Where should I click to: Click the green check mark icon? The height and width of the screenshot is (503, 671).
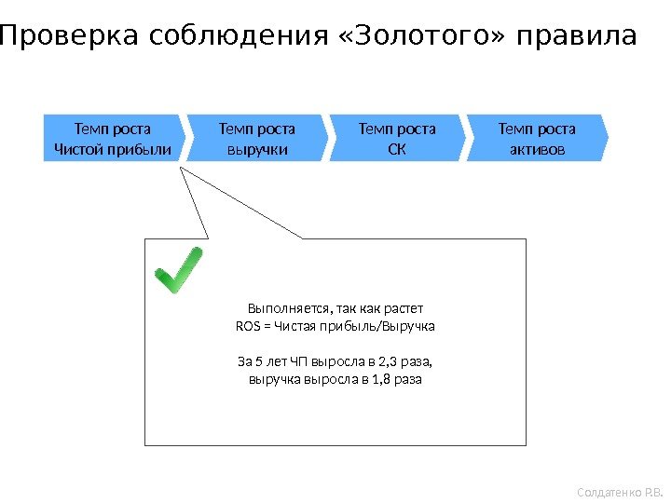178,272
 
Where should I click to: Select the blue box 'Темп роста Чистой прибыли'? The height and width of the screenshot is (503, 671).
114,138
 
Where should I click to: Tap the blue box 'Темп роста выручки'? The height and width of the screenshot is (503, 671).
256,138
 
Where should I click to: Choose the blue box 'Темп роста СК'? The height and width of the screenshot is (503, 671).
397,138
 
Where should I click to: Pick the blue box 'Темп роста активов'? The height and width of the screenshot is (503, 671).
537,138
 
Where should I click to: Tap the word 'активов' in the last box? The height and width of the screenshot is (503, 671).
537,149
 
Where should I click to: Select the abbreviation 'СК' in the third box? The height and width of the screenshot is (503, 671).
397,149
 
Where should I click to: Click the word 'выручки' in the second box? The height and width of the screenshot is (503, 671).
256,149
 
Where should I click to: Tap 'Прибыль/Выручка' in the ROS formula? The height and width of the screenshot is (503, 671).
392,327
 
